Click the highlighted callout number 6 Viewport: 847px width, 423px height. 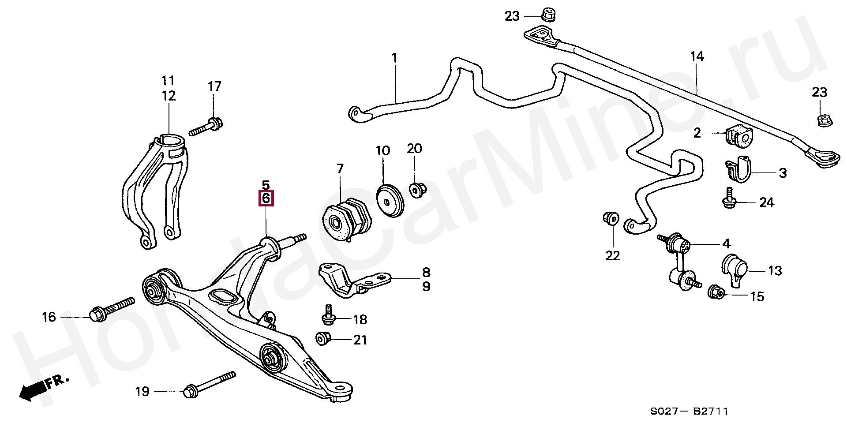266,198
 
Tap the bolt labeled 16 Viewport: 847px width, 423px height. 112,309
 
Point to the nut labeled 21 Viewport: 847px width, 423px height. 322,339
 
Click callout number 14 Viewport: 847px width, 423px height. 697,56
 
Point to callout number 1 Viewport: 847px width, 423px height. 394,58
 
